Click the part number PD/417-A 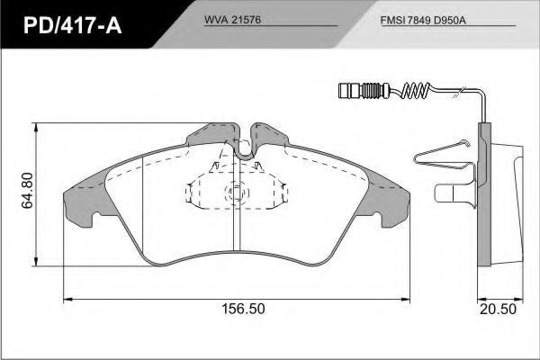click(73, 25)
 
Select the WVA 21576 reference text click(233, 20)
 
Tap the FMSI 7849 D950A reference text click(423, 21)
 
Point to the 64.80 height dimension click(28, 191)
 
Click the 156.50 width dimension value click(243, 309)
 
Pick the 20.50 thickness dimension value click(499, 309)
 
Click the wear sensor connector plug click(349, 91)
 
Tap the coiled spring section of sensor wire click(416, 91)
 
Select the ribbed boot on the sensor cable click(371, 91)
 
